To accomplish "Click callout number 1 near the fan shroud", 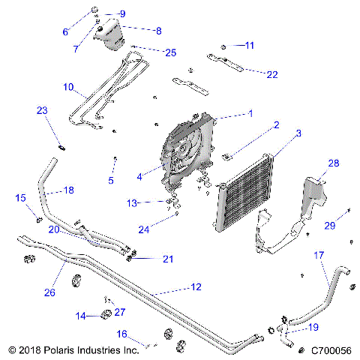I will tap(250, 113).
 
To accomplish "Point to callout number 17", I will tap(319, 256).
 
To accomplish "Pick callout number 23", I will tap(42, 111).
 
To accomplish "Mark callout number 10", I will tap(68, 87).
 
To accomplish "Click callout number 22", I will tap(271, 74).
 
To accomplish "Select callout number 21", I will tap(168, 259).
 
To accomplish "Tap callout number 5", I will tap(110, 180).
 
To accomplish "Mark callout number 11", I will tap(250, 46).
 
